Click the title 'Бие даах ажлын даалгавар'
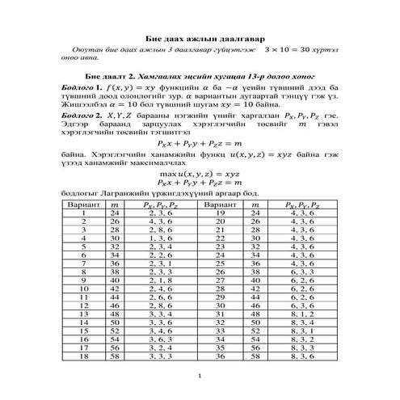[x=200, y=39]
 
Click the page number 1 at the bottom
[x=200, y=377]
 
